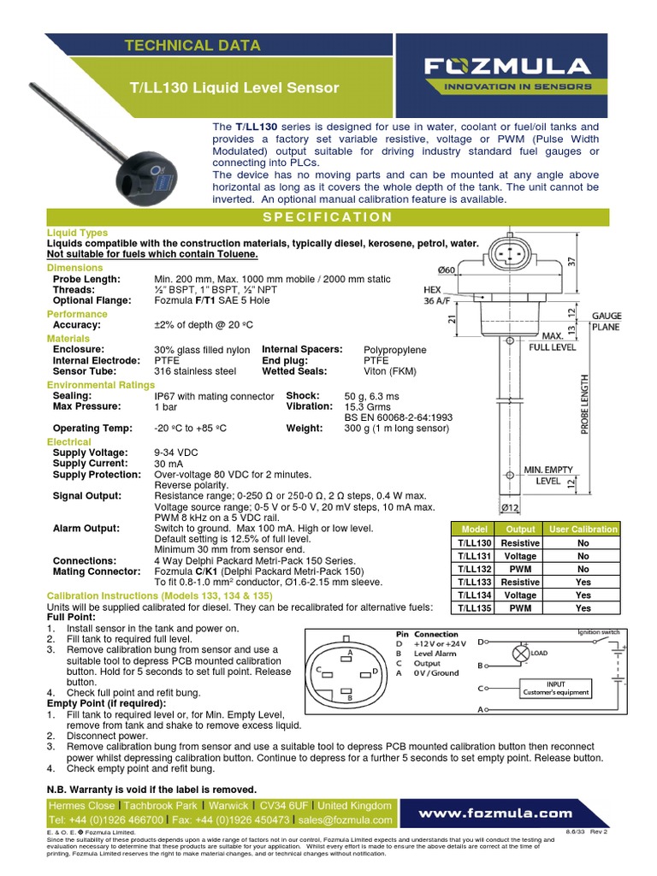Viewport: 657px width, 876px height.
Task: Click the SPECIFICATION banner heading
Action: pos(328,216)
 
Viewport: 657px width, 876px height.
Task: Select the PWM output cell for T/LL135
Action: pos(519,608)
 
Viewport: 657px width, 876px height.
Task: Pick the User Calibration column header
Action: pos(583,529)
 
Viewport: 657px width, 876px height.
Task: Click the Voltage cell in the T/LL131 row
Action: pos(519,555)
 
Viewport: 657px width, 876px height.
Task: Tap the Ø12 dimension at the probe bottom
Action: pos(511,509)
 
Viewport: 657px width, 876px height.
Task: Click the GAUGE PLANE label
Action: pos(607,321)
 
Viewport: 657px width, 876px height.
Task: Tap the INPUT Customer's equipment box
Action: pos(556,687)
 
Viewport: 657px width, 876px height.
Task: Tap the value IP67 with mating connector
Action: pos(214,396)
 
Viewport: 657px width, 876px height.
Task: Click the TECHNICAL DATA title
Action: pos(192,45)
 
